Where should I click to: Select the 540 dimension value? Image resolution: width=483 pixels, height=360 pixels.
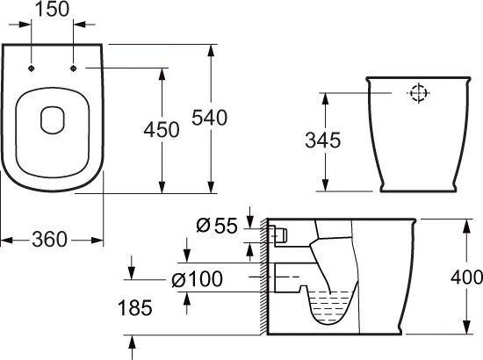click(x=211, y=117)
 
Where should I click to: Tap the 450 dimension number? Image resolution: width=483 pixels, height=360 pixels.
click(x=161, y=129)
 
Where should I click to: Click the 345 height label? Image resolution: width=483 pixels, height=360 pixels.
click(x=322, y=140)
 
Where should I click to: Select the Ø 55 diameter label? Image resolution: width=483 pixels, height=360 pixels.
click(x=217, y=226)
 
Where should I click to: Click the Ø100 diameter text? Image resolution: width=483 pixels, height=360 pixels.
click(x=198, y=279)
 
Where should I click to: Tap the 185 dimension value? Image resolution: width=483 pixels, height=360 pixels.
click(x=134, y=307)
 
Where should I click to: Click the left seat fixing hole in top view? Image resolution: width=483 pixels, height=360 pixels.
click(x=31, y=68)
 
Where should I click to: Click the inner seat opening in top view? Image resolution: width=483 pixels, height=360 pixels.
click(x=52, y=119)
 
